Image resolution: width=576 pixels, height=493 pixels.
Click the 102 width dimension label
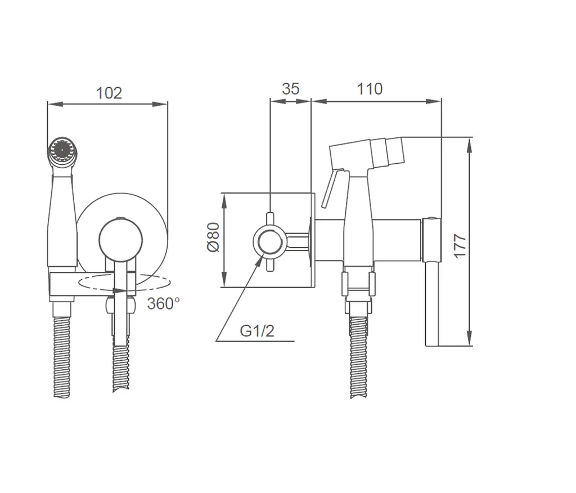[x=109, y=93]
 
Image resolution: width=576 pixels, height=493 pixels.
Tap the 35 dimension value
[x=291, y=88]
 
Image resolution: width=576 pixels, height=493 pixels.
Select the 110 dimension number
[x=370, y=88]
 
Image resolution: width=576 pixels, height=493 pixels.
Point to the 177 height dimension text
[x=460, y=246]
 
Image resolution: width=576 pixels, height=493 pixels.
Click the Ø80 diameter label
[x=213, y=237]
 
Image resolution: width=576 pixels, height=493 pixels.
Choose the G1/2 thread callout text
[x=257, y=331]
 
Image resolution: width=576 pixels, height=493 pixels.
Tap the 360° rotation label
[x=164, y=304]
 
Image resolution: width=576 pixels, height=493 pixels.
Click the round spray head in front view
[x=62, y=150]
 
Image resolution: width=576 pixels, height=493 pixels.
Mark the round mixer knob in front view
[x=121, y=240]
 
